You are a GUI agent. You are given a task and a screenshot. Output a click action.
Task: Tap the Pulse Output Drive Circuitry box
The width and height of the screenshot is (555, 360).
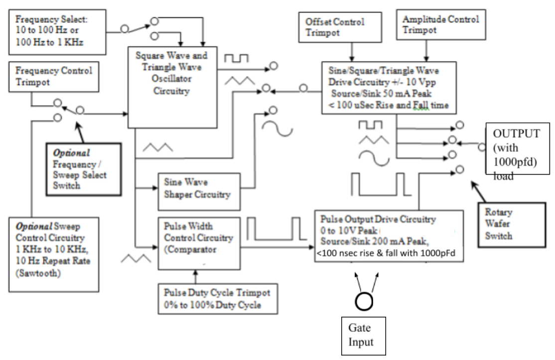[x=389, y=236]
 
